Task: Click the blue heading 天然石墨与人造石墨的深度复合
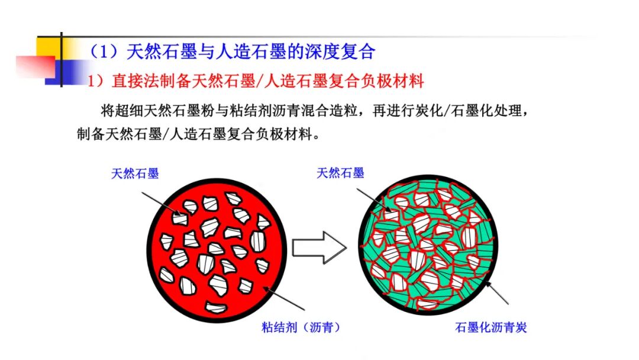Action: [x=251, y=52]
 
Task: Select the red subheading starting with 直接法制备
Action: [x=268, y=81]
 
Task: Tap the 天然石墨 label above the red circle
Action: [x=135, y=173]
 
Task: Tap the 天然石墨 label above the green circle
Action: [x=340, y=173]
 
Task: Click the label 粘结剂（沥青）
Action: [x=301, y=327]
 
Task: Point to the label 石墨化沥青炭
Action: [x=490, y=327]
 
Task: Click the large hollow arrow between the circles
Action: [x=319, y=247]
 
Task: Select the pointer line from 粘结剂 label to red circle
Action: [x=283, y=298]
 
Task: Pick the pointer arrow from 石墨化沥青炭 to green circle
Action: [x=496, y=292]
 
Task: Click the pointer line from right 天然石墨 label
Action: [x=374, y=200]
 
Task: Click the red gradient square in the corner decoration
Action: [x=35, y=66]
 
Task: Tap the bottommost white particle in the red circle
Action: [x=216, y=307]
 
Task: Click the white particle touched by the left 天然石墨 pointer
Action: [x=180, y=218]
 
